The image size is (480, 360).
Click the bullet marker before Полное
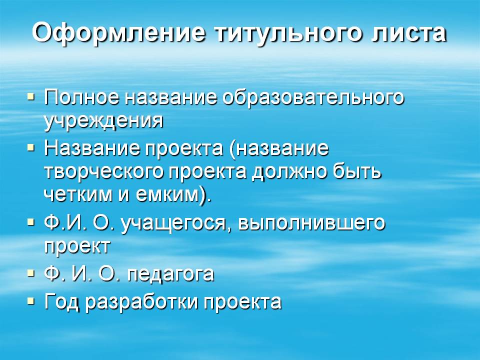click(31, 94)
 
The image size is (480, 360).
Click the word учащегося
click(176, 223)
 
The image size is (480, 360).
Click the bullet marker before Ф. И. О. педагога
click(31, 272)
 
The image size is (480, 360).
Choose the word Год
click(62, 301)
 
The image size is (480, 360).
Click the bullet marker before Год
click(31, 300)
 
